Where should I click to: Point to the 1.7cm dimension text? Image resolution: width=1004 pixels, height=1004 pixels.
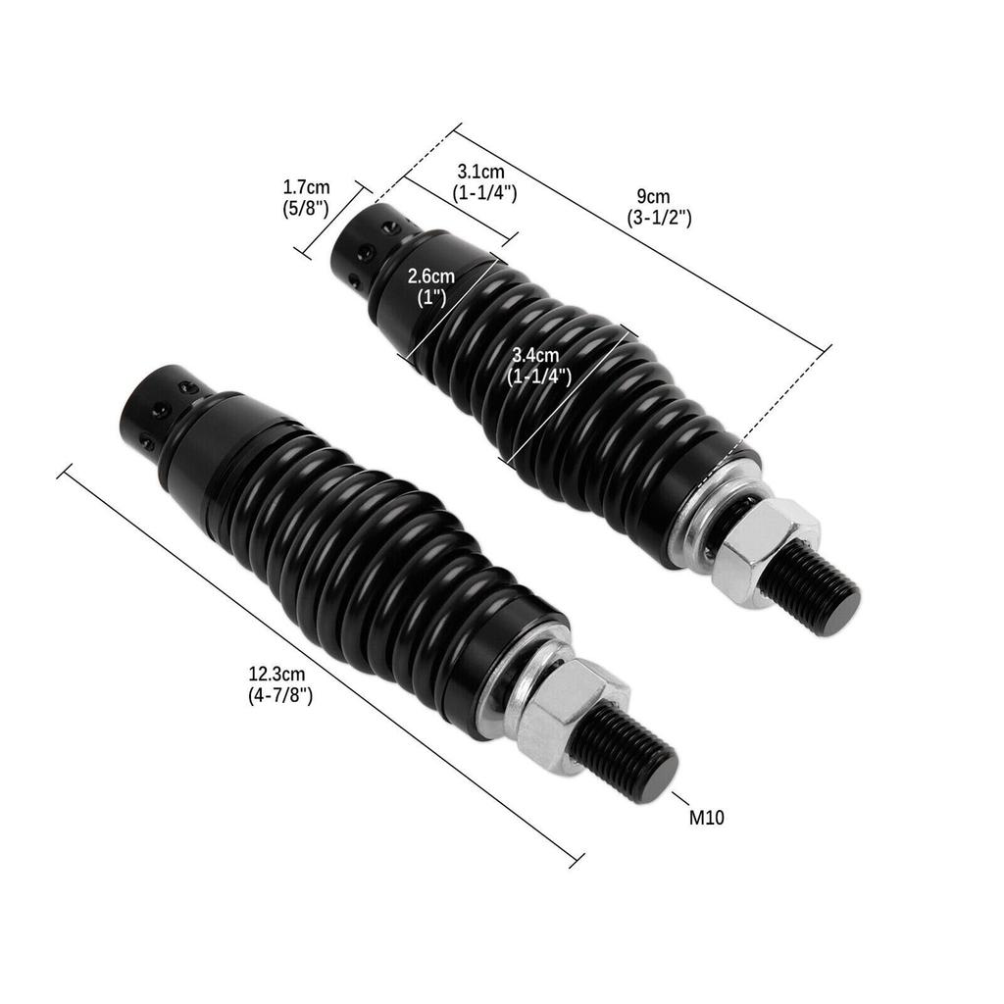pyautogui.click(x=306, y=185)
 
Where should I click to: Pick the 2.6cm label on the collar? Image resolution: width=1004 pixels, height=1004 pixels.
pyautogui.click(x=431, y=276)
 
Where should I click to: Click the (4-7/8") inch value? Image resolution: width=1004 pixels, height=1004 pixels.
pyautogui.click(x=280, y=695)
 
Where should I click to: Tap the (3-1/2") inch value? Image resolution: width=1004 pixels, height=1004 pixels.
pyautogui.click(x=659, y=218)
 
